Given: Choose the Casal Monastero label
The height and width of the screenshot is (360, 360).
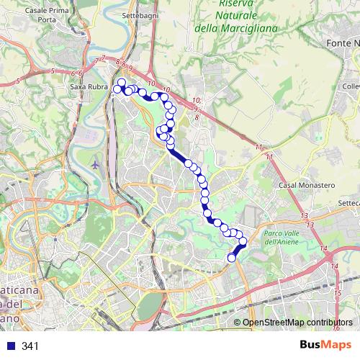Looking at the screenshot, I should click(x=307, y=185).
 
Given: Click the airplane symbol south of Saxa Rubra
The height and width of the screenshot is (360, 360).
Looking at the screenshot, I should click(x=96, y=164).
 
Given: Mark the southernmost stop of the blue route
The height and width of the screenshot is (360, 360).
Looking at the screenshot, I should click(x=232, y=258).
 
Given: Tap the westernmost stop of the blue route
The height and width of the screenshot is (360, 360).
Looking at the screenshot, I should click(x=117, y=89).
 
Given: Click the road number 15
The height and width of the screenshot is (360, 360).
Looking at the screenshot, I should click(x=338, y=294).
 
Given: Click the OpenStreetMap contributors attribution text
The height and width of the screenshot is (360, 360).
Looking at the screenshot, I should click(x=297, y=323).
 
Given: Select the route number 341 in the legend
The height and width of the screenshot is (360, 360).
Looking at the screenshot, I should click(x=30, y=346).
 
